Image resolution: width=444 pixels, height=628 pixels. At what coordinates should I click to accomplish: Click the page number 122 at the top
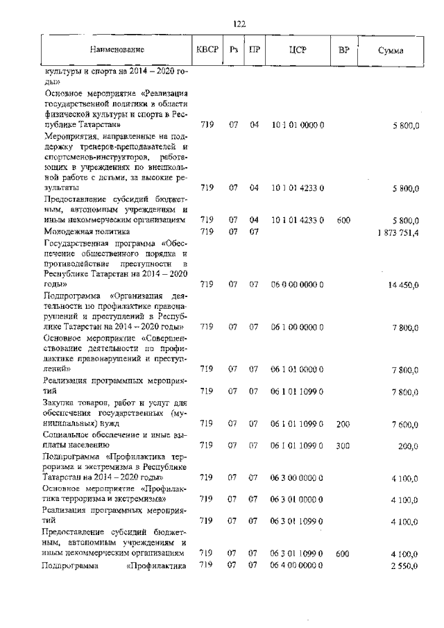pyautogui.click(x=239, y=24)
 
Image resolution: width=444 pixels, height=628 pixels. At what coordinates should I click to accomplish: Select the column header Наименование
pyautogui.click(x=117, y=50)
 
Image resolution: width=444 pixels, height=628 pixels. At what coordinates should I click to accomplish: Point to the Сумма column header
pyautogui.click(x=391, y=51)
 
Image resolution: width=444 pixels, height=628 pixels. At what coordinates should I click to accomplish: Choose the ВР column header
pyautogui.click(x=343, y=50)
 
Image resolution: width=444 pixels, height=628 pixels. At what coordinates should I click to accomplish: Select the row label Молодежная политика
pyautogui.click(x=87, y=232)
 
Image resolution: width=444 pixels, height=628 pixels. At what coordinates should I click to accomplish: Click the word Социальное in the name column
pyautogui.click(x=69, y=434)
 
